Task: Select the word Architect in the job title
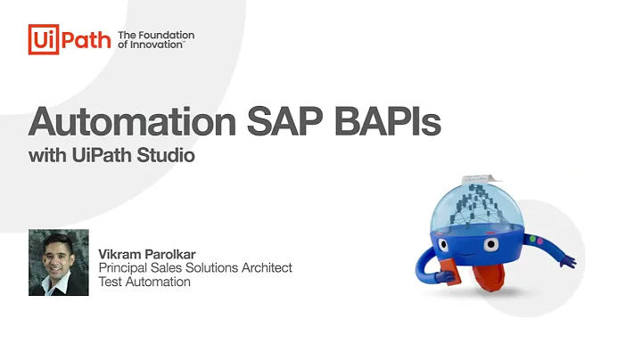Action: point(266,267)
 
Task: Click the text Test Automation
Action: point(144,282)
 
